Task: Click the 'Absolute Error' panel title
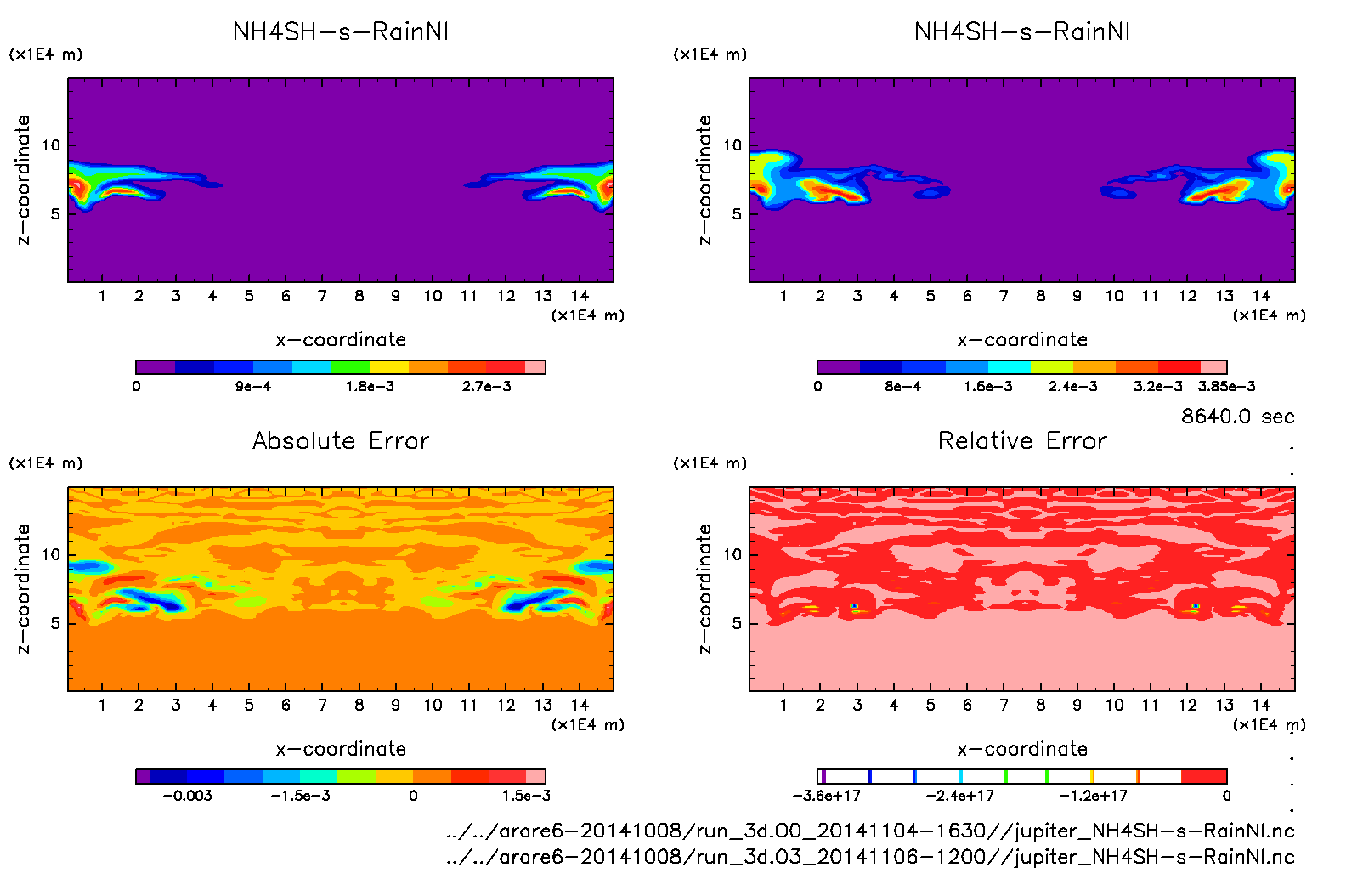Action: point(341,440)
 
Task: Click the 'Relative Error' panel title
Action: point(1022,440)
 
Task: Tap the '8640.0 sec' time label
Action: point(1237,417)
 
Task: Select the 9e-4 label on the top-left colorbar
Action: point(253,387)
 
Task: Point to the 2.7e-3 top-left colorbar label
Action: point(487,387)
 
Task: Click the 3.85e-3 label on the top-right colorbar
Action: point(1226,387)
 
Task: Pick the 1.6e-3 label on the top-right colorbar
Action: point(988,387)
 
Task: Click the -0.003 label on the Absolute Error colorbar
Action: point(187,796)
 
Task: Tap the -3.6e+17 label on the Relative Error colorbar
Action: point(826,796)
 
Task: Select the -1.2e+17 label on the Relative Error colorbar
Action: point(1093,796)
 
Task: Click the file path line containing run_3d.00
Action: point(870,831)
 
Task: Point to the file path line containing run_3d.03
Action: point(870,857)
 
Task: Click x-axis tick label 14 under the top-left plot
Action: point(580,296)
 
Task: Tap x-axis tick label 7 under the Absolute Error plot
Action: point(322,705)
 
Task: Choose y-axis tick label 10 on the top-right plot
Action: point(732,145)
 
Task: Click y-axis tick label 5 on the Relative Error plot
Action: point(737,623)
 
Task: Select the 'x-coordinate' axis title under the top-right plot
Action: point(1022,340)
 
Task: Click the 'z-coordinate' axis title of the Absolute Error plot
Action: point(23,588)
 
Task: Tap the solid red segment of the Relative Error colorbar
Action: point(1203,776)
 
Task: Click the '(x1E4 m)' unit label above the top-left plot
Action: point(46,54)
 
